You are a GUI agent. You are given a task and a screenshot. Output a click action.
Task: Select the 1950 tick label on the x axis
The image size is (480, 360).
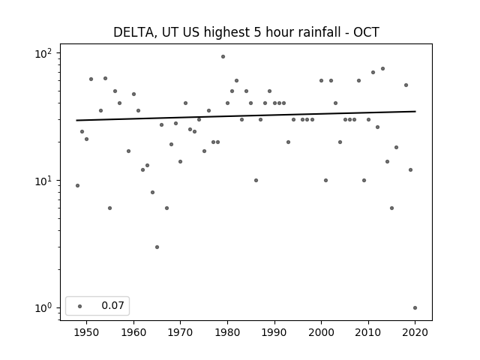click(87, 332)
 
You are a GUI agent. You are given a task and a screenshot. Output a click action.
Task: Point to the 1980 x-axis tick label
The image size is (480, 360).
click(227, 332)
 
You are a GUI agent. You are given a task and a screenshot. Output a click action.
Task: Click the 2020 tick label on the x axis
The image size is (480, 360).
click(415, 332)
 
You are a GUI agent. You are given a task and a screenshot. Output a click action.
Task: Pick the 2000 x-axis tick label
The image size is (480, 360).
click(321, 332)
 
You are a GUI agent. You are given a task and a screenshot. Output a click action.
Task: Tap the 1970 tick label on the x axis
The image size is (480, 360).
click(180, 332)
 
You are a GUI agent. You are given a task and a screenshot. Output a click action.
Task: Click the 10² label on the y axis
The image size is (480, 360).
click(43, 54)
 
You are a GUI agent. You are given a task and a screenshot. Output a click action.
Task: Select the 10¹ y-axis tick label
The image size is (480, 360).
click(43, 181)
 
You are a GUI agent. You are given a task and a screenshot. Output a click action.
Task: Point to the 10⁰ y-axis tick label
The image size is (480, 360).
click(43, 308)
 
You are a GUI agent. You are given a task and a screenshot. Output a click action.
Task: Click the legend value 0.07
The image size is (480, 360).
click(112, 305)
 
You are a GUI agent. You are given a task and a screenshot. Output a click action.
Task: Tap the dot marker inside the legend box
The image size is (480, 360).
click(80, 306)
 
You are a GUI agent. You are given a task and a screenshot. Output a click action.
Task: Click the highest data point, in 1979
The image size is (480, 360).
click(223, 57)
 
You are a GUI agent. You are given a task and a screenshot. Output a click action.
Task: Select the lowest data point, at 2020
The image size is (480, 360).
click(415, 308)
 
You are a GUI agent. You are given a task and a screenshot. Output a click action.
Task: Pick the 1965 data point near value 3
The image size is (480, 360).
click(157, 247)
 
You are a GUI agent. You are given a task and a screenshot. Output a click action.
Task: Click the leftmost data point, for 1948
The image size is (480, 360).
click(77, 185)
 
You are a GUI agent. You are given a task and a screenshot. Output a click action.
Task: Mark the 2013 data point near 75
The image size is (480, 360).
click(382, 68)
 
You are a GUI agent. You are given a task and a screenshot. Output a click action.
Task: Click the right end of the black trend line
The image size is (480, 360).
click(415, 112)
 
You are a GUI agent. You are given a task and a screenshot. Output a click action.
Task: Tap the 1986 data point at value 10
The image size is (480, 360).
click(256, 180)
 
